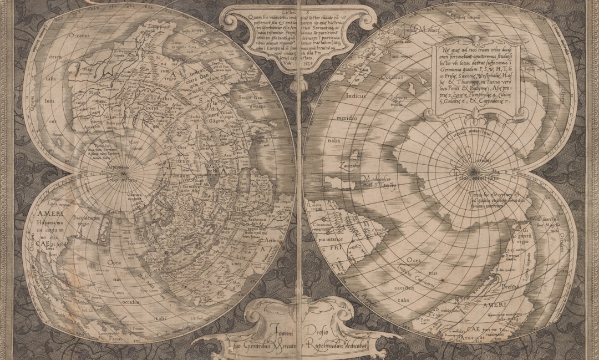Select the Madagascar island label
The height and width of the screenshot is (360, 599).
[x=378, y=178]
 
